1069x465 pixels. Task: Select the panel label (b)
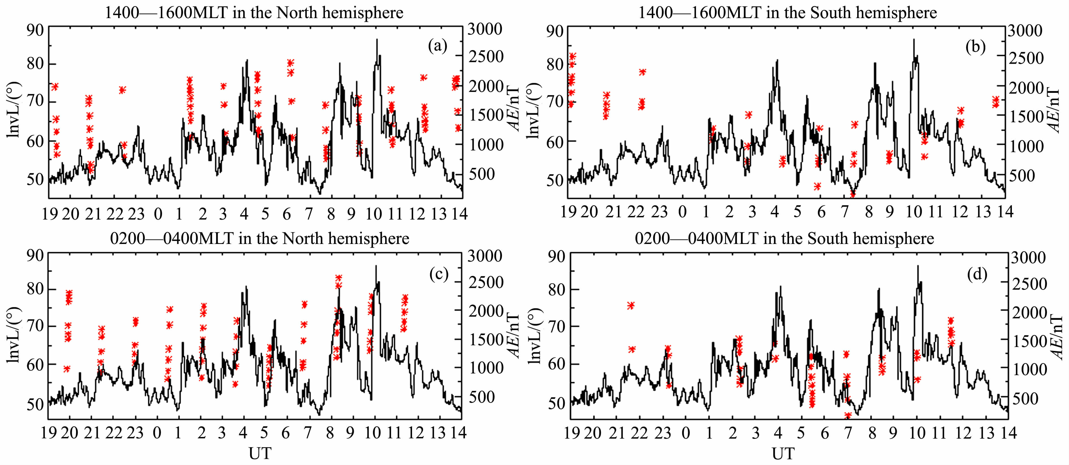(x=975, y=47)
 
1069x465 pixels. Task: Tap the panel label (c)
(x=439, y=275)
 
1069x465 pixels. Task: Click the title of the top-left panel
(x=254, y=12)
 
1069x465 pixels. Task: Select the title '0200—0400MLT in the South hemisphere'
(x=784, y=239)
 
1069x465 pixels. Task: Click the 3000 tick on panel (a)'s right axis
(x=485, y=29)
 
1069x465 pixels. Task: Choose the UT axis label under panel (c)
(x=260, y=453)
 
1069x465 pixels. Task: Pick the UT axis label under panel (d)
(x=783, y=453)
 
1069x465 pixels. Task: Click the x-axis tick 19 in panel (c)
(x=49, y=433)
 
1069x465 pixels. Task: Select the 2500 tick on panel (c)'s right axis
(x=485, y=283)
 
